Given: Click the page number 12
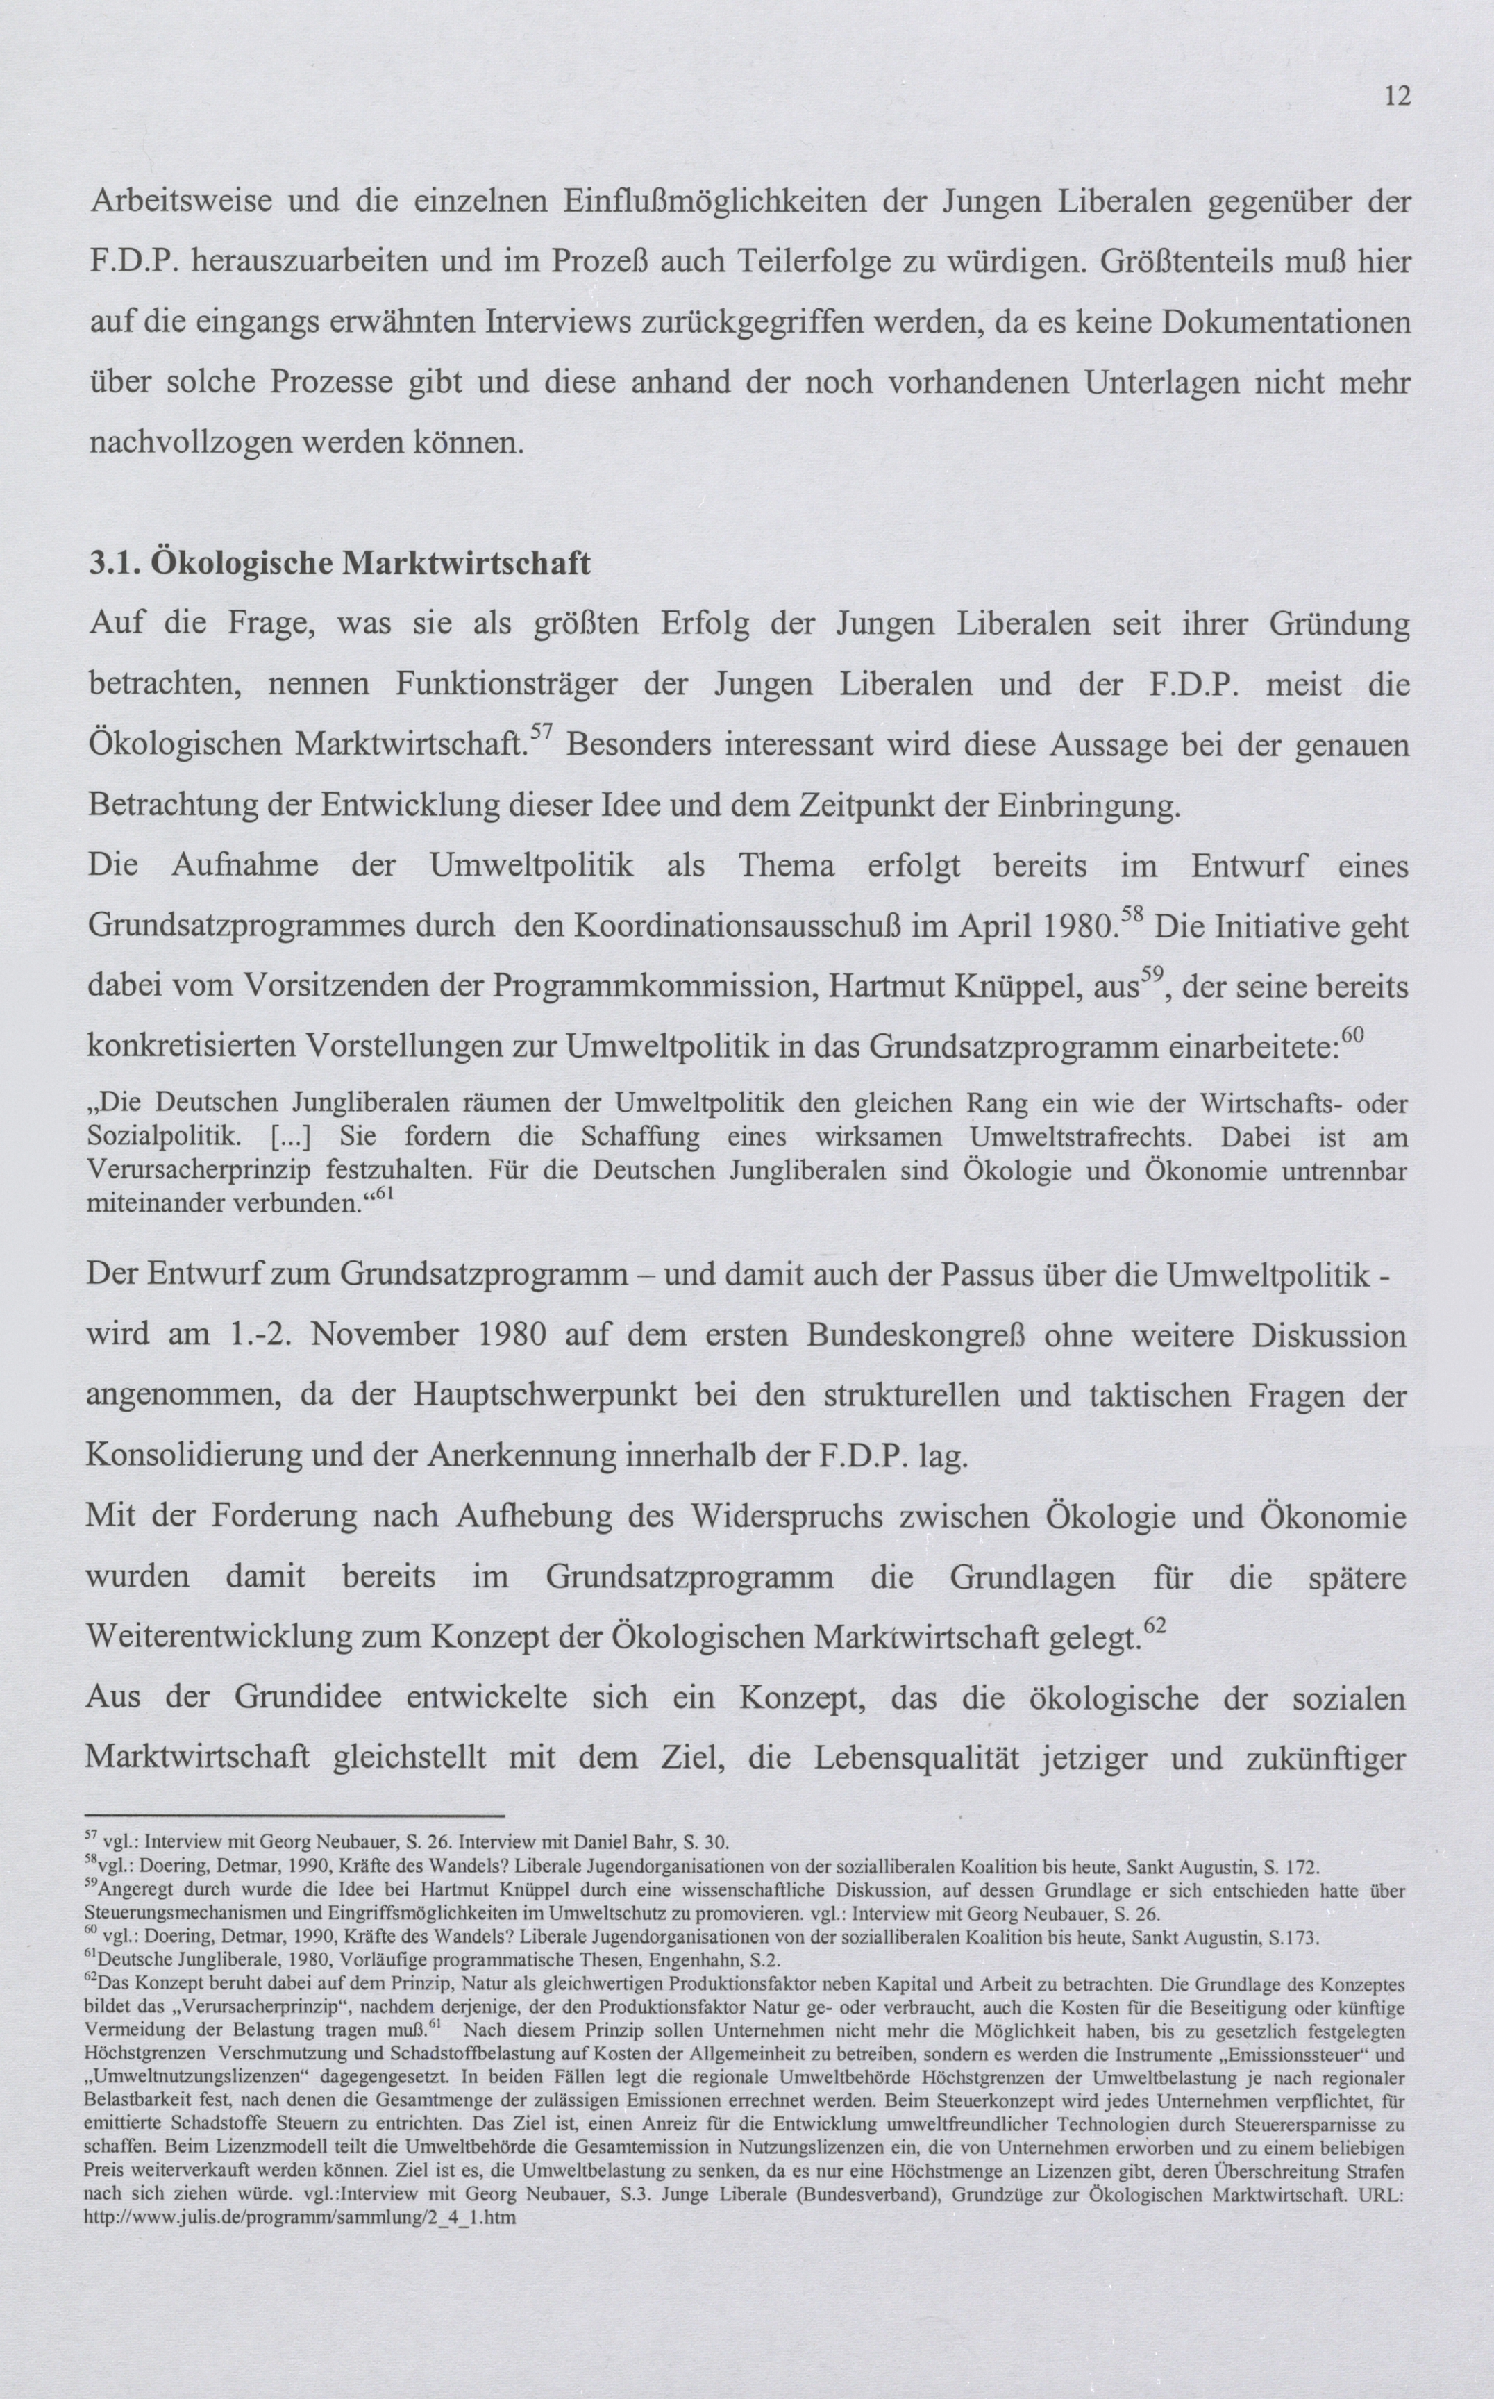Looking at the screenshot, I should (1398, 96).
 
